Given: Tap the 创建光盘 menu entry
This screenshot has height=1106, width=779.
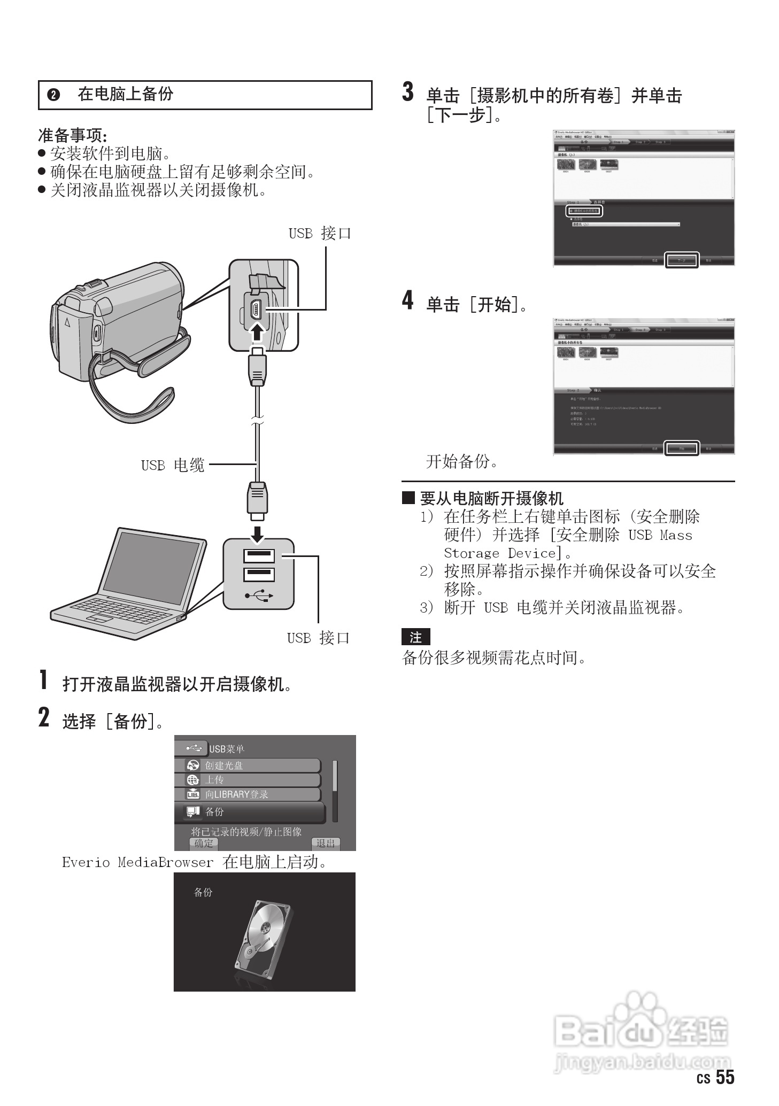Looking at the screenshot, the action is [x=248, y=765].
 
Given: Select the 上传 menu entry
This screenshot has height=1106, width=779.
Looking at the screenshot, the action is [x=248, y=780].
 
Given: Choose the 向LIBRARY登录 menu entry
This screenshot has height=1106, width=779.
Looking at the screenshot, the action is [x=248, y=794].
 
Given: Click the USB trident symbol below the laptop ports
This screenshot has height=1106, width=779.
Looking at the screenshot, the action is [x=259, y=595].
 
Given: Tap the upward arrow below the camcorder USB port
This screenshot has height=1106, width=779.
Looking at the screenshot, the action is [x=258, y=331].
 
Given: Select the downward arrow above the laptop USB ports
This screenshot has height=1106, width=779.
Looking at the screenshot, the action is [x=258, y=533].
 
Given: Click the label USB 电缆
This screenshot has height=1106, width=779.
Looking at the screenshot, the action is [x=173, y=466].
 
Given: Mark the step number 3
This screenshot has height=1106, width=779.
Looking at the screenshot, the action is [x=408, y=92].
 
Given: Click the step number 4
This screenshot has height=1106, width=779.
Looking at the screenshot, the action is [x=408, y=300].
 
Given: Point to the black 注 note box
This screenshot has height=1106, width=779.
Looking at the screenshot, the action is [x=415, y=637].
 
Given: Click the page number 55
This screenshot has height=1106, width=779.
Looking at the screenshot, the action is [x=725, y=1077].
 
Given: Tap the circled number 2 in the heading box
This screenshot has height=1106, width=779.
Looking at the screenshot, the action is [x=53, y=95].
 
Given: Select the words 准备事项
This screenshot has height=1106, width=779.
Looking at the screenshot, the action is [x=72, y=135].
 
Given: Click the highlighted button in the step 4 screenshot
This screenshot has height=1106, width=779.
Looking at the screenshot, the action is [x=682, y=448].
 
